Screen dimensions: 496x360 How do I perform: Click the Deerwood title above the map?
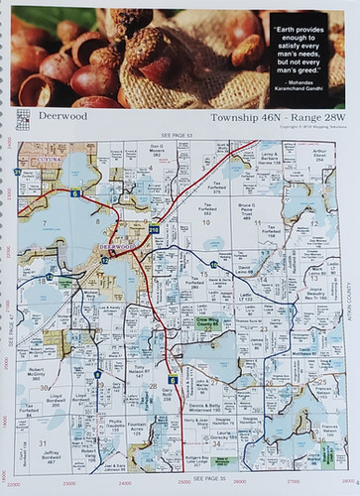pos(62,116)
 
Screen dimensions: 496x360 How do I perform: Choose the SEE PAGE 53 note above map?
pos(176,134)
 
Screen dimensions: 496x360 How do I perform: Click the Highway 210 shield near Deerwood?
pos(154,230)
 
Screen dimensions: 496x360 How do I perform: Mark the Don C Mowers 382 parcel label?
pos(157,150)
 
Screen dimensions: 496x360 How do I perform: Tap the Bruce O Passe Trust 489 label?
pos(247,209)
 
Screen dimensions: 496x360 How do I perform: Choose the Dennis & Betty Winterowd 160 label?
pos(205,408)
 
